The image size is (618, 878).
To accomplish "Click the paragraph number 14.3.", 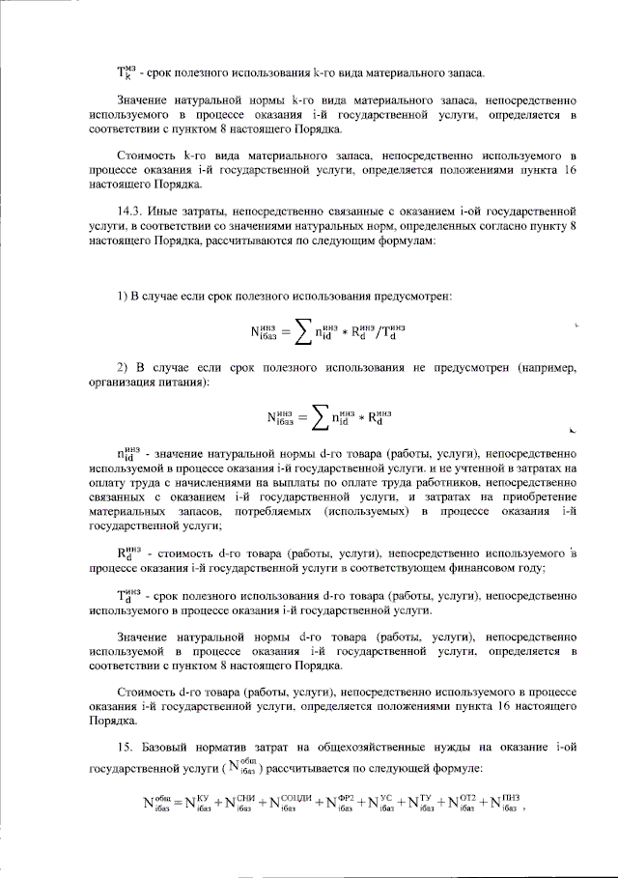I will (x=128, y=209).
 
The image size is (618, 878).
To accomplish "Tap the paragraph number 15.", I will (x=123, y=750).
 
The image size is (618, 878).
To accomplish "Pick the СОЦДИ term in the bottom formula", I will (x=291, y=802).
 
